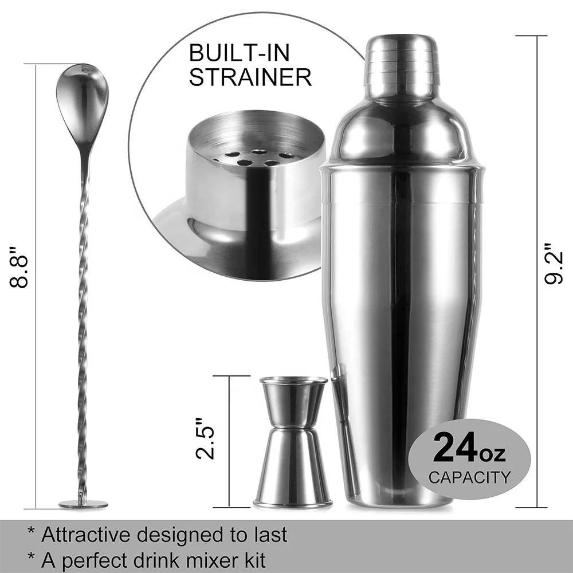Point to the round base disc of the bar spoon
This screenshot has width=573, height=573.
pos(83,504)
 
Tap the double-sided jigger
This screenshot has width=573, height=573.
pos(293,441)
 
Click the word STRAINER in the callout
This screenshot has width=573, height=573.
pos(250,77)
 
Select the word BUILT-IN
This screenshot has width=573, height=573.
pos(240,53)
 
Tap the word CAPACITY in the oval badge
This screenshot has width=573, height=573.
pos(469,477)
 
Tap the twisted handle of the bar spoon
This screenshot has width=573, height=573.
pos(84,321)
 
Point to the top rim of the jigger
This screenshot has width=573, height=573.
pos(293,380)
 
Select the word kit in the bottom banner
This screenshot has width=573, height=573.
pos(252,560)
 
